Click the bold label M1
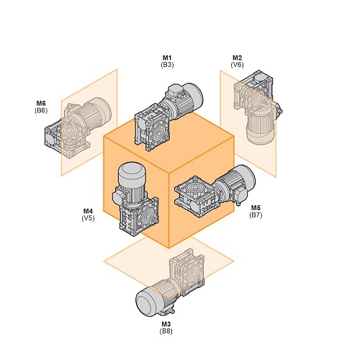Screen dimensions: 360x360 pyautogui.click(x=167, y=58)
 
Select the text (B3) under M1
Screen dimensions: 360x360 pyautogui.click(x=167, y=65)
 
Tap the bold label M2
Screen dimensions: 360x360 pyautogui.click(x=237, y=58)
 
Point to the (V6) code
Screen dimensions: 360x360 pyautogui.click(x=237, y=65)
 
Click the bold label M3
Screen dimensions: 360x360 pyautogui.click(x=166, y=324)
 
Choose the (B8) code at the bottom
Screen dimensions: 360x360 pyautogui.click(x=166, y=331)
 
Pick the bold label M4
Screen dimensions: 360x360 pyautogui.click(x=88, y=211)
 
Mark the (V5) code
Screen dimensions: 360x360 pyautogui.click(x=88, y=218)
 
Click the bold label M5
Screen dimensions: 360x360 pyautogui.click(x=256, y=207)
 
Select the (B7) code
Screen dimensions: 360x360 pyautogui.click(x=256, y=215)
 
